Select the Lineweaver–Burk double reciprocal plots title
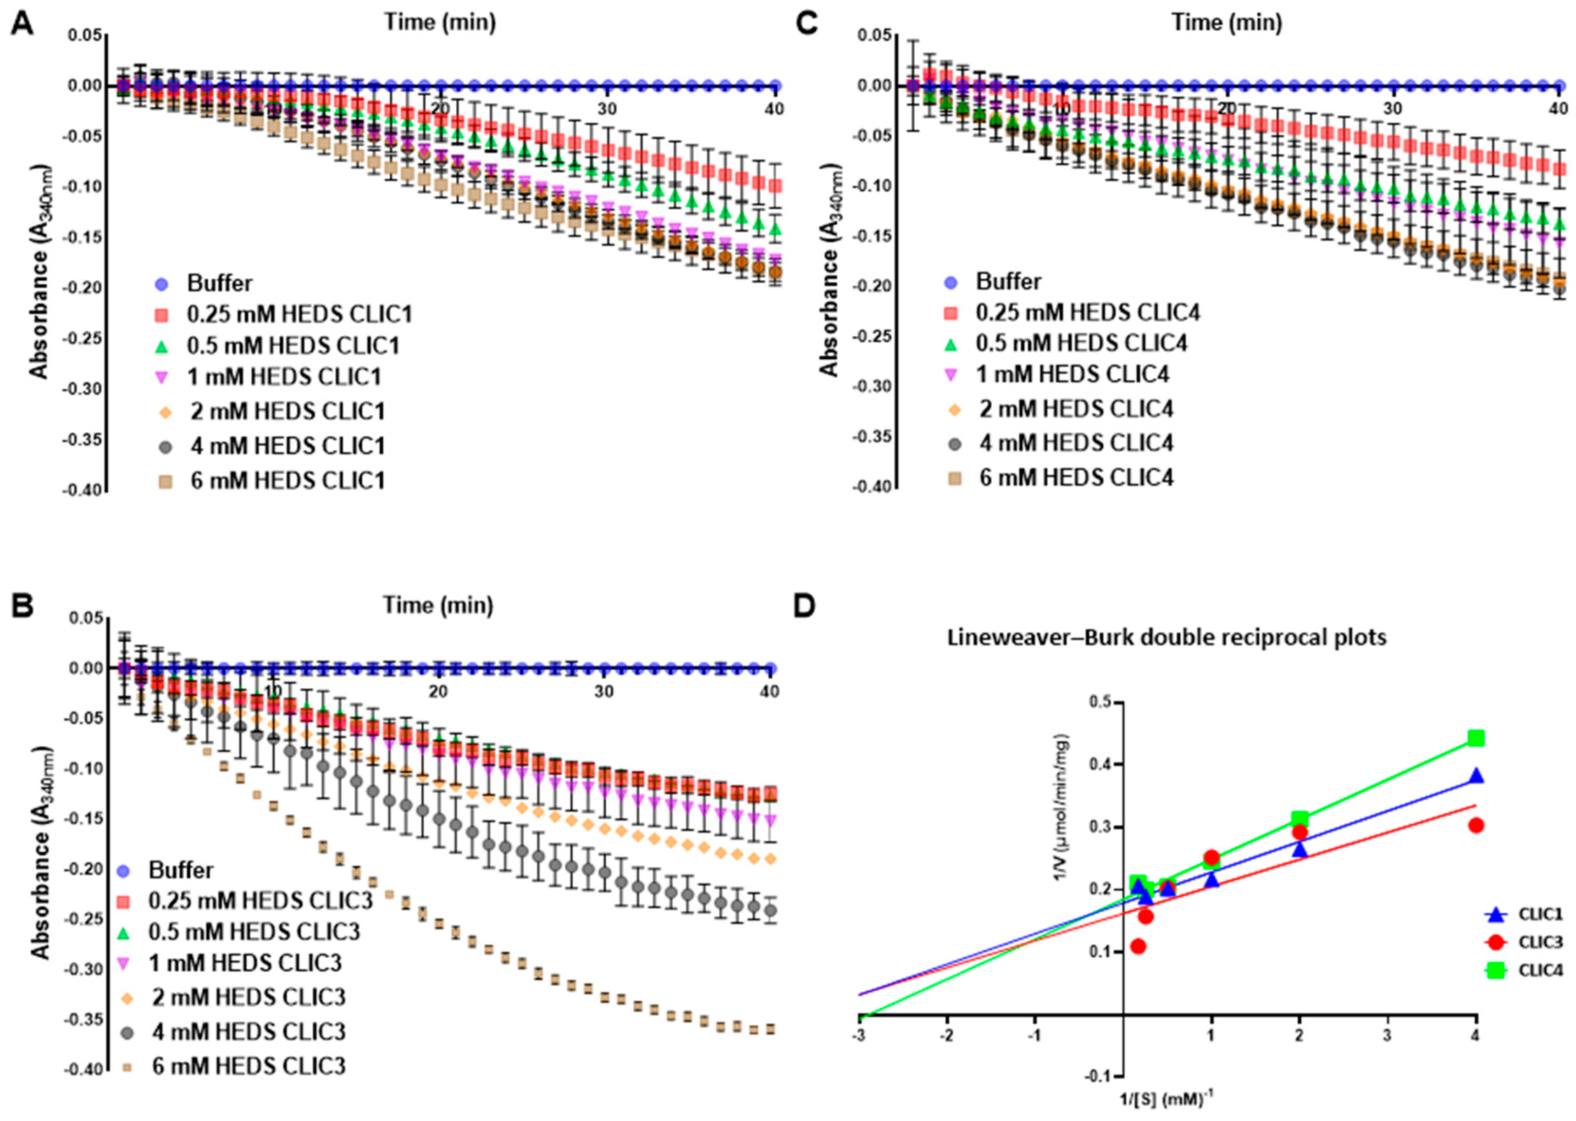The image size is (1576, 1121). point(1166,637)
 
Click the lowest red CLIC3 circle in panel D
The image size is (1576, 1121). point(1139,946)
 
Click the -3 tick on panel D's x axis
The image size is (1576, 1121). point(859,1035)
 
